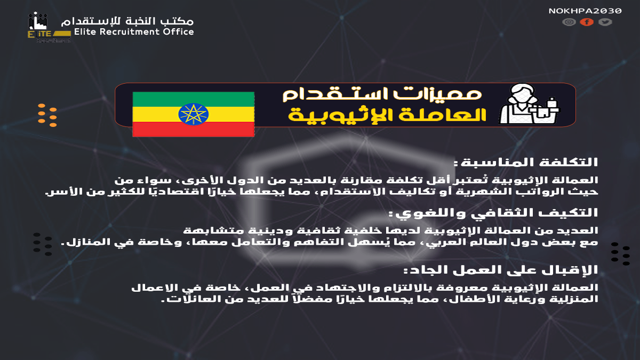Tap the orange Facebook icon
(x=587, y=22)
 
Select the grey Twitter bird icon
(x=604, y=22)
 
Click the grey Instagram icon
(x=569, y=22)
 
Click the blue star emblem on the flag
(x=193, y=114)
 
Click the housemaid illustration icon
(x=529, y=105)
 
